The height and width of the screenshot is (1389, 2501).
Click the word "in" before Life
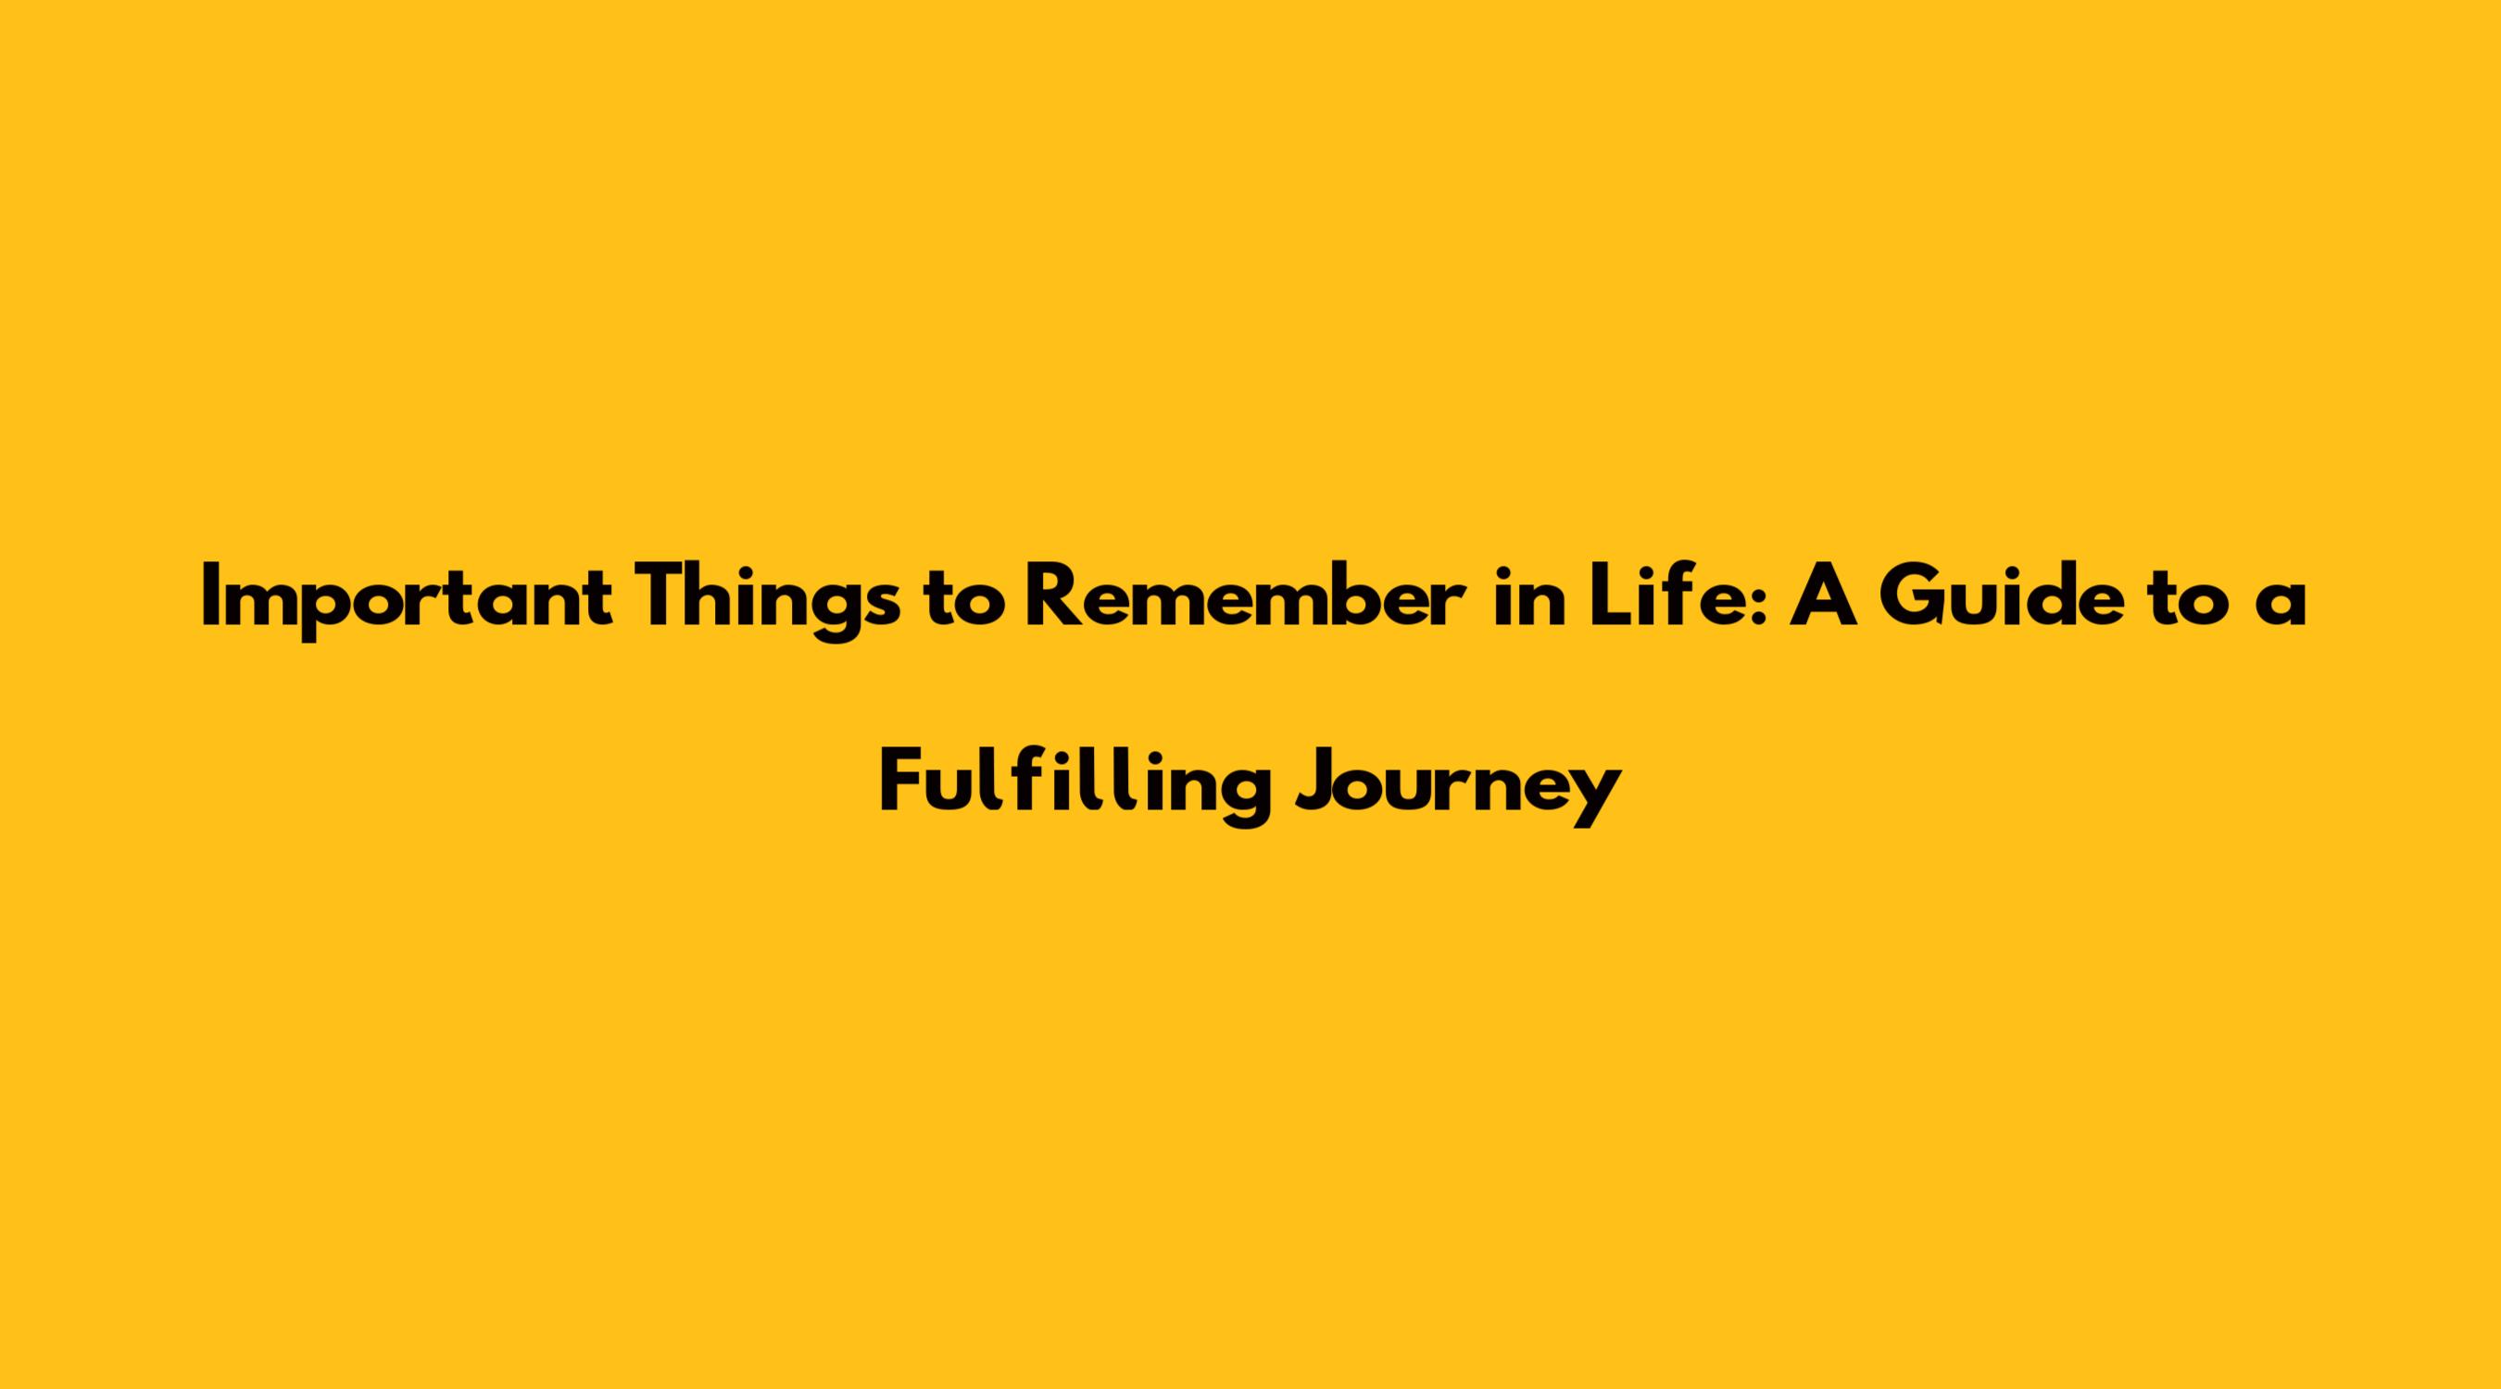click(x=1530, y=598)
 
